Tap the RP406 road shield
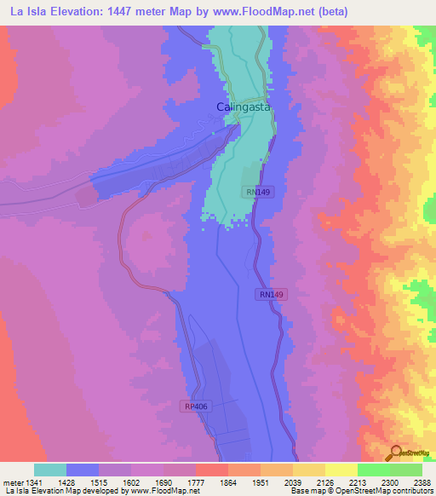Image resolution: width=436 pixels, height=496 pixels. coord(195,407)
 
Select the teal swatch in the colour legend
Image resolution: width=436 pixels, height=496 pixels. coord(50,470)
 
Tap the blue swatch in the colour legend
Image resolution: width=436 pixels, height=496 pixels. coord(83,470)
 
